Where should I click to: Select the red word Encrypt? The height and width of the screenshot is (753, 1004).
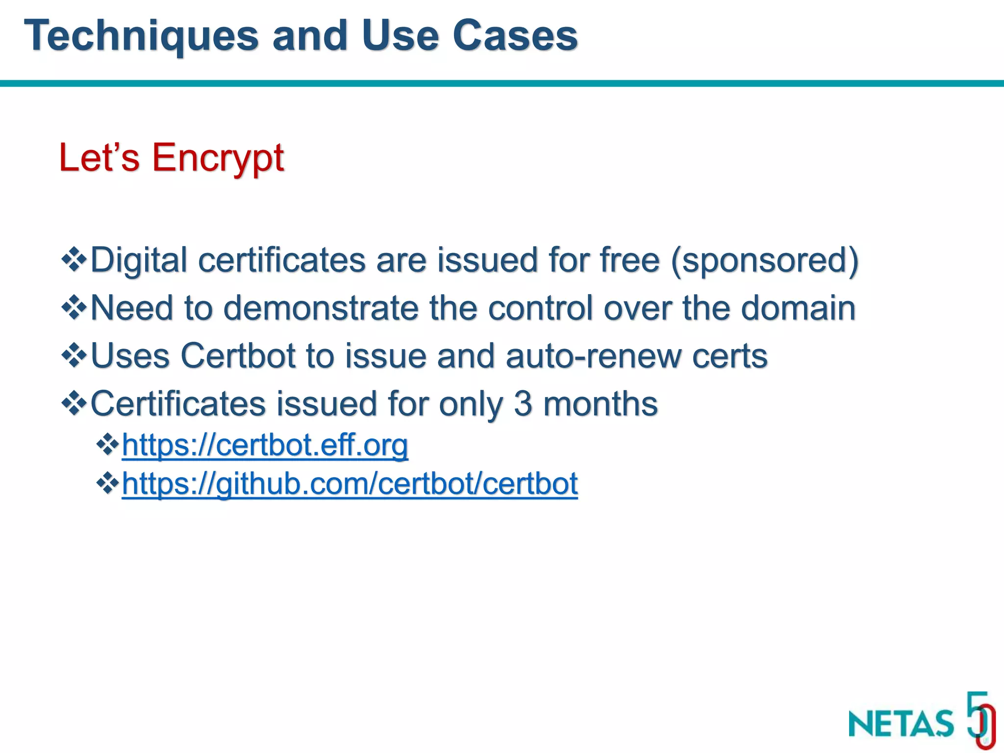pos(218,158)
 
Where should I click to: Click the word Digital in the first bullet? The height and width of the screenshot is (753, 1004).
pos(139,260)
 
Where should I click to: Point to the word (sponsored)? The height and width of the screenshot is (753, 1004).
pos(764,260)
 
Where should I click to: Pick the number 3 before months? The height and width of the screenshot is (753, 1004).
pos(523,403)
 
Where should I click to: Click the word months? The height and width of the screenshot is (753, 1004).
pos(601,403)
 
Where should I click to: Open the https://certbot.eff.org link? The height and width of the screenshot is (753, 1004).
pos(265,445)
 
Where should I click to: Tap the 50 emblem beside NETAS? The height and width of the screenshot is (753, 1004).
pos(980,719)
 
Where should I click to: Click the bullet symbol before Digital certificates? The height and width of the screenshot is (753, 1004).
pos(74,259)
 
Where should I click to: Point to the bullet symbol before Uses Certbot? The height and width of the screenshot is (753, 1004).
pos(74,355)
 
